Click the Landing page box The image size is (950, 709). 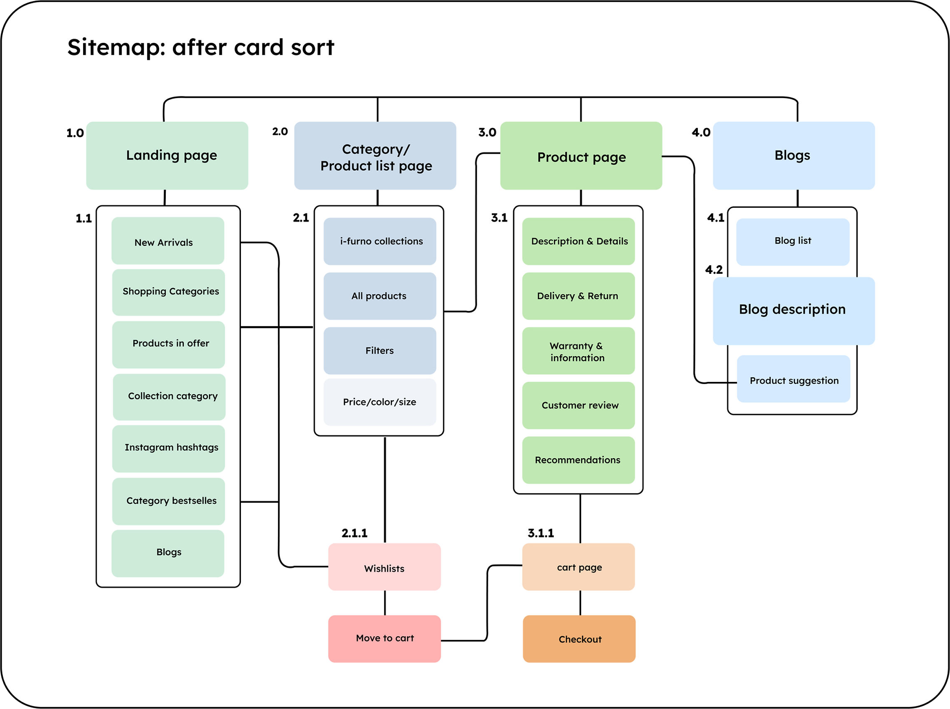coord(167,155)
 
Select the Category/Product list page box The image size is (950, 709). coord(375,155)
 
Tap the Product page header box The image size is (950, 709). coord(581,155)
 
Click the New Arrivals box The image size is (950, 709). coord(168,241)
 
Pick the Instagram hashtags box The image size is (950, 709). coord(168,448)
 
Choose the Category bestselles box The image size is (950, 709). coord(168,501)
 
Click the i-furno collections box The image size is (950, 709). coord(380,241)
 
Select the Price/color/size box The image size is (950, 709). coord(380,402)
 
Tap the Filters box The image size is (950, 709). coord(380,351)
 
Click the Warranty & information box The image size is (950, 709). coord(578,351)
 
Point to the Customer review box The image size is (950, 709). coord(578,405)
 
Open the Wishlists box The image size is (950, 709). coord(384,567)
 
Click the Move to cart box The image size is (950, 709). coord(384,639)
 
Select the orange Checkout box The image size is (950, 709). coord(579,639)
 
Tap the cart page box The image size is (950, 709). coord(578,567)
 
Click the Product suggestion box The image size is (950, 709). coord(793,379)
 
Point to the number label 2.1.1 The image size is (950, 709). coord(354,533)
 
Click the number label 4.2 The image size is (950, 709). coord(714,270)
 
